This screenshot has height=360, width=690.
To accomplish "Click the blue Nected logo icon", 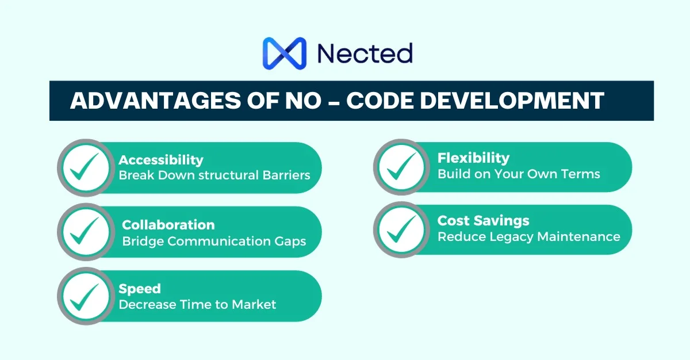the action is [x=284, y=53].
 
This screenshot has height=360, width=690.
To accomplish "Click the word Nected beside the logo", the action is [x=365, y=53].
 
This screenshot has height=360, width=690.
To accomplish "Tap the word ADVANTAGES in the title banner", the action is [x=156, y=101].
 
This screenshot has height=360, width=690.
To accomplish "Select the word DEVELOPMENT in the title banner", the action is [x=512, y=101].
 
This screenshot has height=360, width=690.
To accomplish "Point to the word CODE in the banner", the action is [x=380, y=101].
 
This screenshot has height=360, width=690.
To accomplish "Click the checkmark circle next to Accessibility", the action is [x=86, y=168].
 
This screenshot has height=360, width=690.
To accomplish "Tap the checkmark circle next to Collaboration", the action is [x=86, y=232].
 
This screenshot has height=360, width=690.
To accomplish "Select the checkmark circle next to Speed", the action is [x=86, y=296].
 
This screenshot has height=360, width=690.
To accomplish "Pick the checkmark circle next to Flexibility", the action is [x=402, y=167].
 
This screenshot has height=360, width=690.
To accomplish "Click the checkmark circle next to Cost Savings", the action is [x=402, y=229].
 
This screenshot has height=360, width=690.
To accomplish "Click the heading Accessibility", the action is [x=161, y=160].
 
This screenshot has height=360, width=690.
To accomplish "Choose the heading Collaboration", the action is [x=168, y=225].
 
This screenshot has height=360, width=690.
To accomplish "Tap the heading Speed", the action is [x=140, y=289].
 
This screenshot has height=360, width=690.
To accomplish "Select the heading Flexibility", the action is [x=473, y=158].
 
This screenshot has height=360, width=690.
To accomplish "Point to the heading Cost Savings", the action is [x=484, y=220].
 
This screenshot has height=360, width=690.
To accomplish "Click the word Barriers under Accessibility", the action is [x=286, y=175].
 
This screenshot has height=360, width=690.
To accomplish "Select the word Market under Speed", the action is [x=254, y=305].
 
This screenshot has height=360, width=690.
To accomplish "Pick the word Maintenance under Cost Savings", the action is [x=578, y=237].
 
